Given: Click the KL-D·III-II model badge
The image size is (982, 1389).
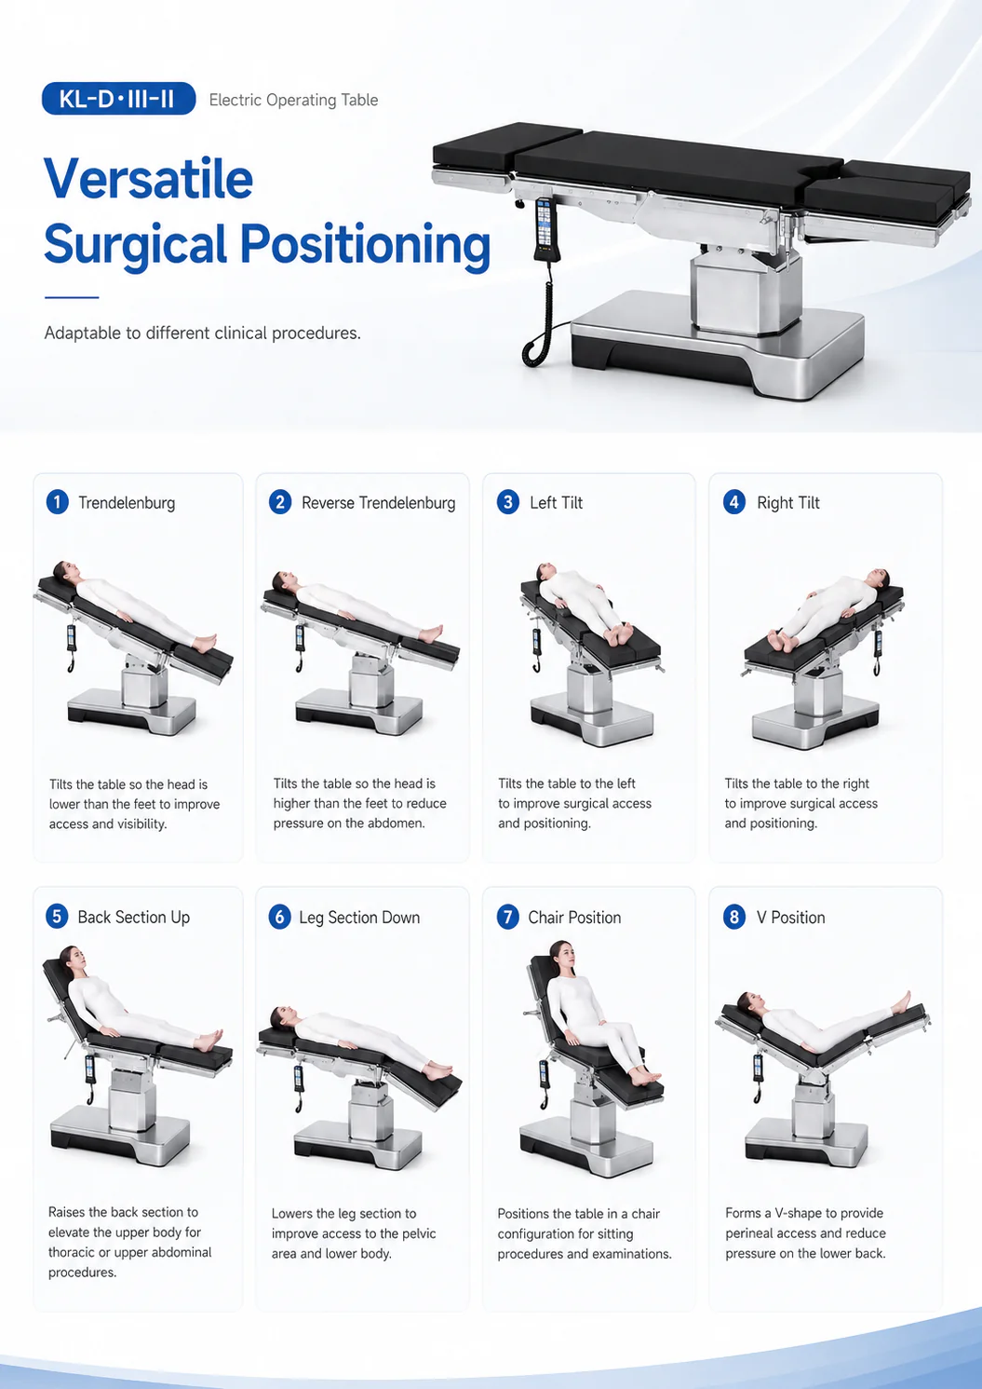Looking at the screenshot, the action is coord(118,99).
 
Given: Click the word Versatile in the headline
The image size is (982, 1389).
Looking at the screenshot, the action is coord(149,179).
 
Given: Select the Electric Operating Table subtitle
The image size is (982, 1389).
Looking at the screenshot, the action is coord(293,100).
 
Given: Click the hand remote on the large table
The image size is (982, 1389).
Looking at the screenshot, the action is coord(544,228).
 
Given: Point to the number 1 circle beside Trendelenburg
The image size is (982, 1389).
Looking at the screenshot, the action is coord(57,501).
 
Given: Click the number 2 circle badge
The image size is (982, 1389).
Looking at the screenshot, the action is coord(280,501).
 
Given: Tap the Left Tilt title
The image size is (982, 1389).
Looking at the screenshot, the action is coord(556,502).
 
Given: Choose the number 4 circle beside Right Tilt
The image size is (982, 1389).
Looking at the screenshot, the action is coord(734,501).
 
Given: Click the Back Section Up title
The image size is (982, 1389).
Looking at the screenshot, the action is coord(134,917).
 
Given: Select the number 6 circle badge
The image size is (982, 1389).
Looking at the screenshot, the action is coord(279,917).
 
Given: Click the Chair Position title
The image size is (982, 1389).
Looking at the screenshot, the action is coord(574,917).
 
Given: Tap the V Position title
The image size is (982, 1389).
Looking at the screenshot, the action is coord(790,917).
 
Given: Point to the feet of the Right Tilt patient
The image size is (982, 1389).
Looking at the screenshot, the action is coord(778,639).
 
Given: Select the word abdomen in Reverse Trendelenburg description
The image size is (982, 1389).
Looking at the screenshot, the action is coord(394,823).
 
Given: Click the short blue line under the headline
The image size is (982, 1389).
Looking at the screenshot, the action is coord(72,298).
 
